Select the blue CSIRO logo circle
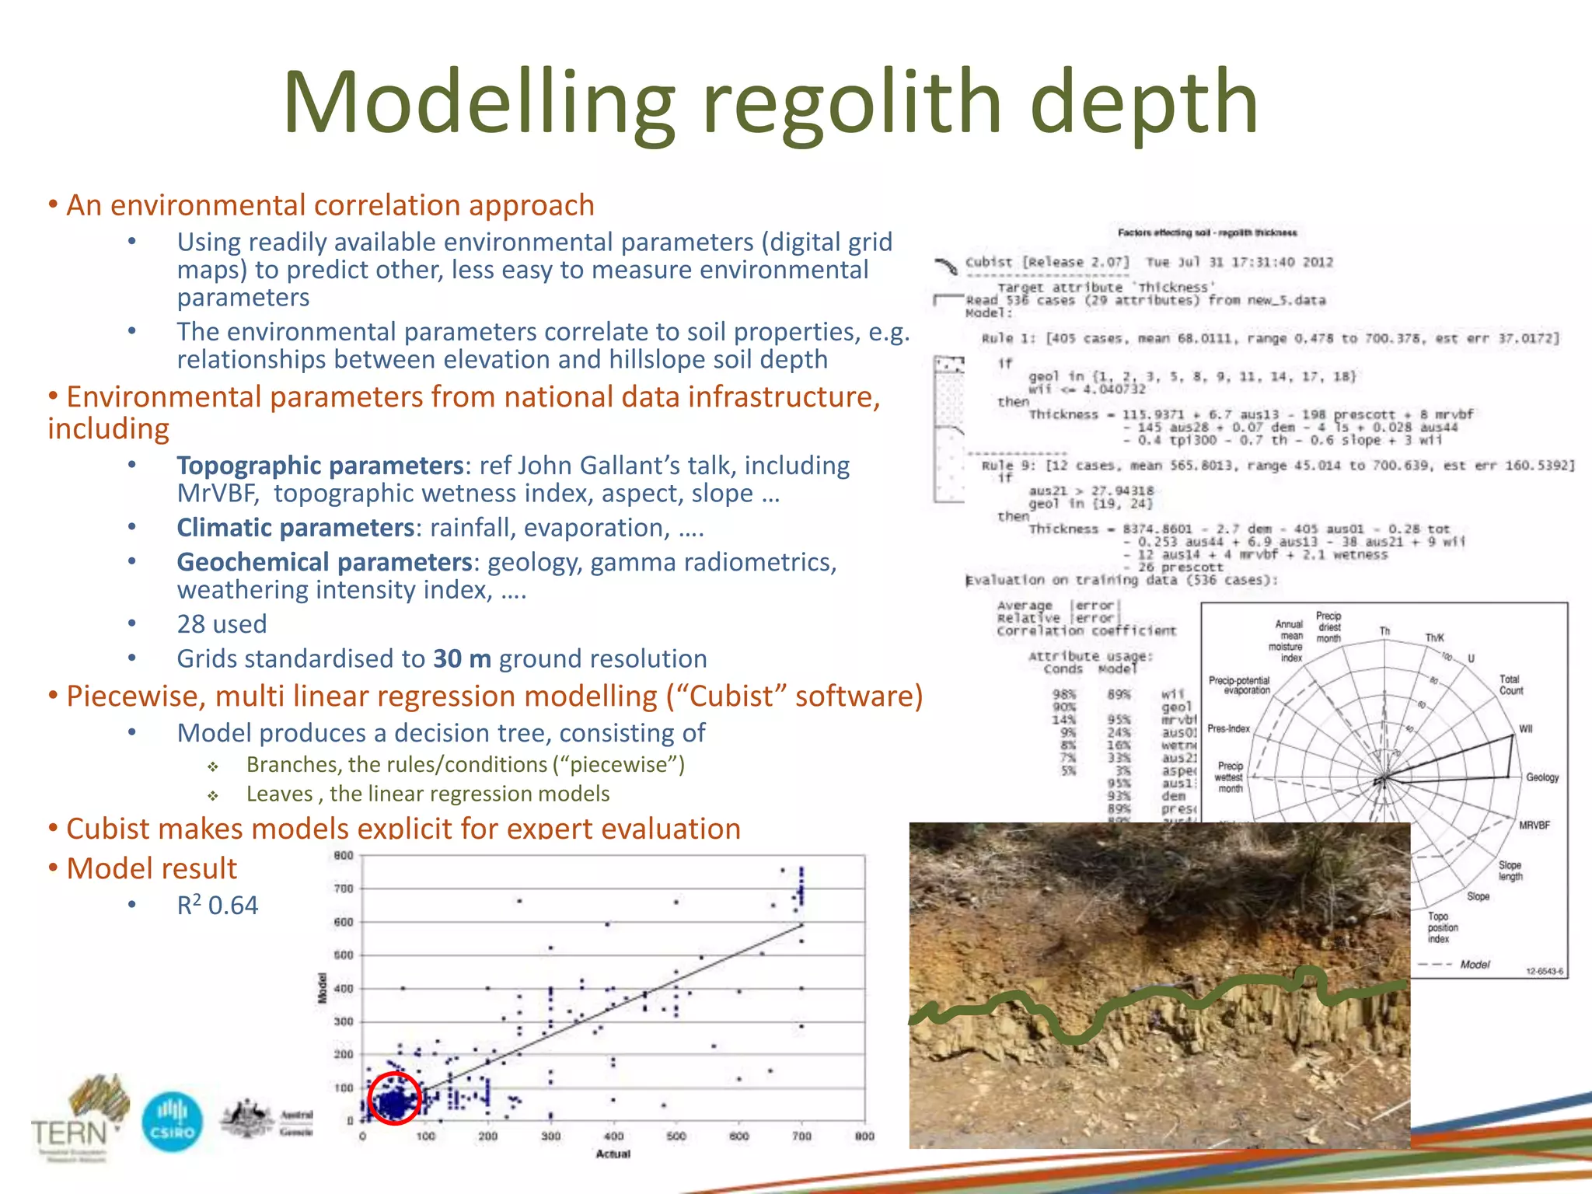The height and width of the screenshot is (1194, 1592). (x=173, y=1122)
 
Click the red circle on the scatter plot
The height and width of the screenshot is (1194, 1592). (x=394, y=1098)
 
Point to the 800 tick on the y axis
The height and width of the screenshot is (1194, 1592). (x=344, y=856)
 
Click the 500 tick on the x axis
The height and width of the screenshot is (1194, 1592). (x=676, y=1136)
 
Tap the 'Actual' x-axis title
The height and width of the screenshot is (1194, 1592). (x=613, y=1154)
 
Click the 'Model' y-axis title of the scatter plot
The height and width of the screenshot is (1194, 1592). (x=323, y=988)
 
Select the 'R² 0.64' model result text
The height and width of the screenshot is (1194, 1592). (x=218, y=906)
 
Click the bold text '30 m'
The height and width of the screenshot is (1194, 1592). (x=462, y=659)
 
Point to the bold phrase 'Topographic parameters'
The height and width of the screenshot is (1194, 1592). (x=319, y=466)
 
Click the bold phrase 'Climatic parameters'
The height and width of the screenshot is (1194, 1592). (x=295, y=528)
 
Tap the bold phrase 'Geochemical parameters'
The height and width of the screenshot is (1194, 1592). (x=324, y=562)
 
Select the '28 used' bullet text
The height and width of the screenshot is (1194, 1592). (x=222, y=624)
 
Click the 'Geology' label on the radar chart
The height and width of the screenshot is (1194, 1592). (x=1542, y=777)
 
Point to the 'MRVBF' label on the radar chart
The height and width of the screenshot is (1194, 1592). (x=1534, y=826)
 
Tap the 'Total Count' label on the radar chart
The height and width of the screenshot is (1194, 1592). (x=1511, y=685)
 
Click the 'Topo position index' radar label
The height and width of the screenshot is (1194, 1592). (x=1442, y=927)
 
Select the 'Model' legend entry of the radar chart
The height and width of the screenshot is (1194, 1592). (x=1475, y=965)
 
